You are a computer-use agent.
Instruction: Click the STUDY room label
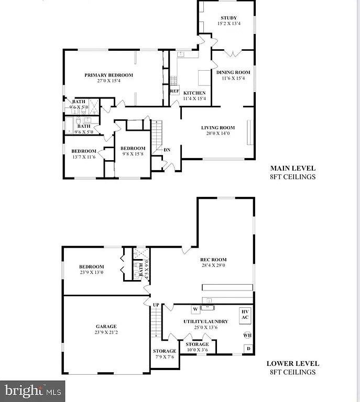click(x=228, y=17)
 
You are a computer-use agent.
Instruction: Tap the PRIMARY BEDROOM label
click(x=109, y=75)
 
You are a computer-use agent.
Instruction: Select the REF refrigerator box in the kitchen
click(x=174, y=91)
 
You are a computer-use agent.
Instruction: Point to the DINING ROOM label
click(x=233, y=72)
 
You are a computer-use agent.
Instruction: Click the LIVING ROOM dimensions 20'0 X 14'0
click(x=218, y=133)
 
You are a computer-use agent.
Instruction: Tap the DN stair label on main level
click(x=167, y=150)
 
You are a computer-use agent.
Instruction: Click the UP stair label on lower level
click(x=156, y=304)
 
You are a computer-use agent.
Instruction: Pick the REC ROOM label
click(x=213, y=259)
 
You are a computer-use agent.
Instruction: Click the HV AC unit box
click(x=245, y=315)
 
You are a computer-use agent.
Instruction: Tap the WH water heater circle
click(x=246, y=335)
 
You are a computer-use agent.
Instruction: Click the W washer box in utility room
click(x=194, y=309)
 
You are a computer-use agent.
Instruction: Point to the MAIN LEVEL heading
click(x=292, y=169)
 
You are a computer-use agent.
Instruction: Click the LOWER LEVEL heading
click(x=292, y=364)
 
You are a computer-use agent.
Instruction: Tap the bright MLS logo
click(x=33, y=390)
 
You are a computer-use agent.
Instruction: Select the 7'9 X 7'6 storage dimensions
click(x=163, y=358)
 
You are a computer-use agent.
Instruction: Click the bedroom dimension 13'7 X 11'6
click(x=84, y=157)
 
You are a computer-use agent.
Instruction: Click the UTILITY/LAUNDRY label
click(x=205, y=321)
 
